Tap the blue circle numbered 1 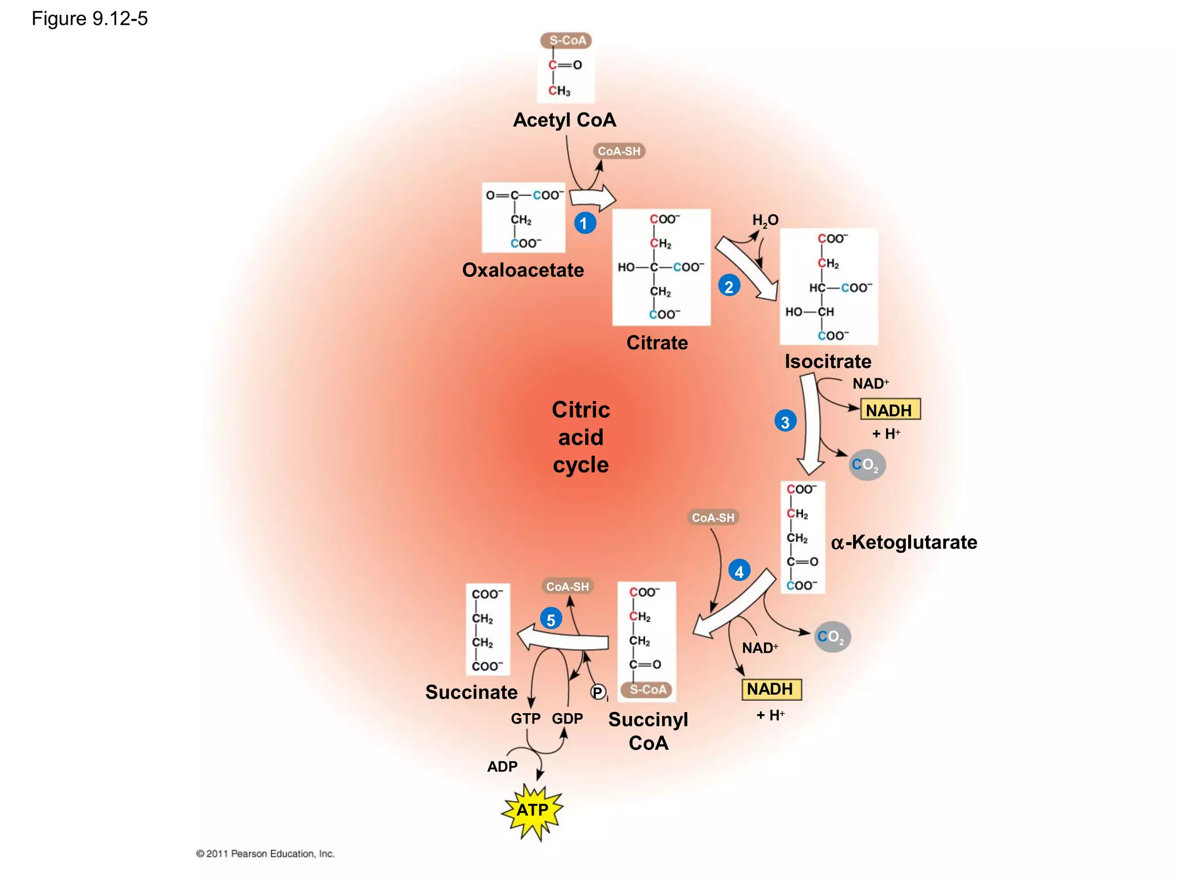pyautogui.click(x=584, y=223)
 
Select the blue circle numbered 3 pyautogui.click(x=785, y=422)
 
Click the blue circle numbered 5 pyautogui.click(x=551, y=620)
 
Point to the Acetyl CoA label pyautogui.click(x=564, y=120)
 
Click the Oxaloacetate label pyautogui.click(x=522, y=270)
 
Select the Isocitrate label pyautogui.click(x=828, y=361)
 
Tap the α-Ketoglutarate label pyautogui.click(x=904, y=542)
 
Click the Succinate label pyautogui.click(x=471, y=692)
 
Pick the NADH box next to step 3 pyautogui.click(x=890, y=410)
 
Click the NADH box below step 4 pyautogui.click(x=771, y=689)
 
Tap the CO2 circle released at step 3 pyautogui.click(x=867, y=465)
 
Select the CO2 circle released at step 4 pyautogui.click(x=832, y=637)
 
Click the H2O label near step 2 pyautogui.click(x=765, y=220)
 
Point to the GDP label pyautogui.click(x=567, y=719)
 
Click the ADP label pyautogui.click(x=502, y=767)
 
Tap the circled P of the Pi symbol pyautogui.click(x=598, y=692)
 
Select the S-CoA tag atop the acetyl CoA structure pyautogui.click(x=567, y=40)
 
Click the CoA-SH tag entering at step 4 pyautogui.click(x=713, y=517)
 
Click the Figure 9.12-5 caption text pyautogui.click(x=90, y=19)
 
